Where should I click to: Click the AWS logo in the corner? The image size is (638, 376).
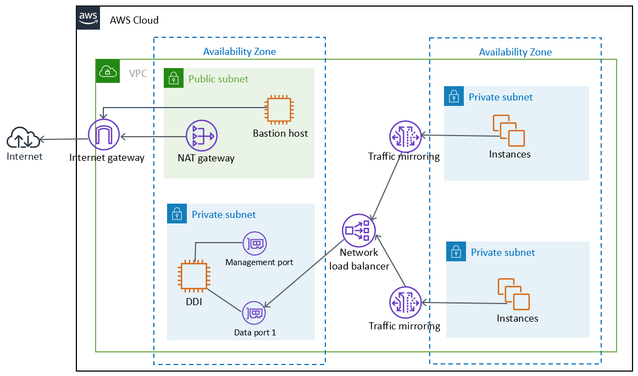tap(88, 19)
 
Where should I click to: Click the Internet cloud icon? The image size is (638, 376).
tap(23, 138)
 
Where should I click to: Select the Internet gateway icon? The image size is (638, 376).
tap(103, 135)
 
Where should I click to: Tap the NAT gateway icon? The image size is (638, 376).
tap(202, 136)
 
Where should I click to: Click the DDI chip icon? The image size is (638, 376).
tap(194, 276)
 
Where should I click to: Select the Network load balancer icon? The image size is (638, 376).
tap(358, 230)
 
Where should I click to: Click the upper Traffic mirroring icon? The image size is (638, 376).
tap(405, 136)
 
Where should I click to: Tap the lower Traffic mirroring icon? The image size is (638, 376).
tap(405, 303)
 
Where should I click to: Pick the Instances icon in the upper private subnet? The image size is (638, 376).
tap(508, 131)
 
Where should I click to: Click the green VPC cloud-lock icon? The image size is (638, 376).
tap(107, 71)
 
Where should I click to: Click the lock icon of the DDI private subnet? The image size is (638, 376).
tap(177, 215)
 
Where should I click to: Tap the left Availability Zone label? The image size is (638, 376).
tap(240, 52)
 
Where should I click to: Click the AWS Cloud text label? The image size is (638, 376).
tap(134, 20)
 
